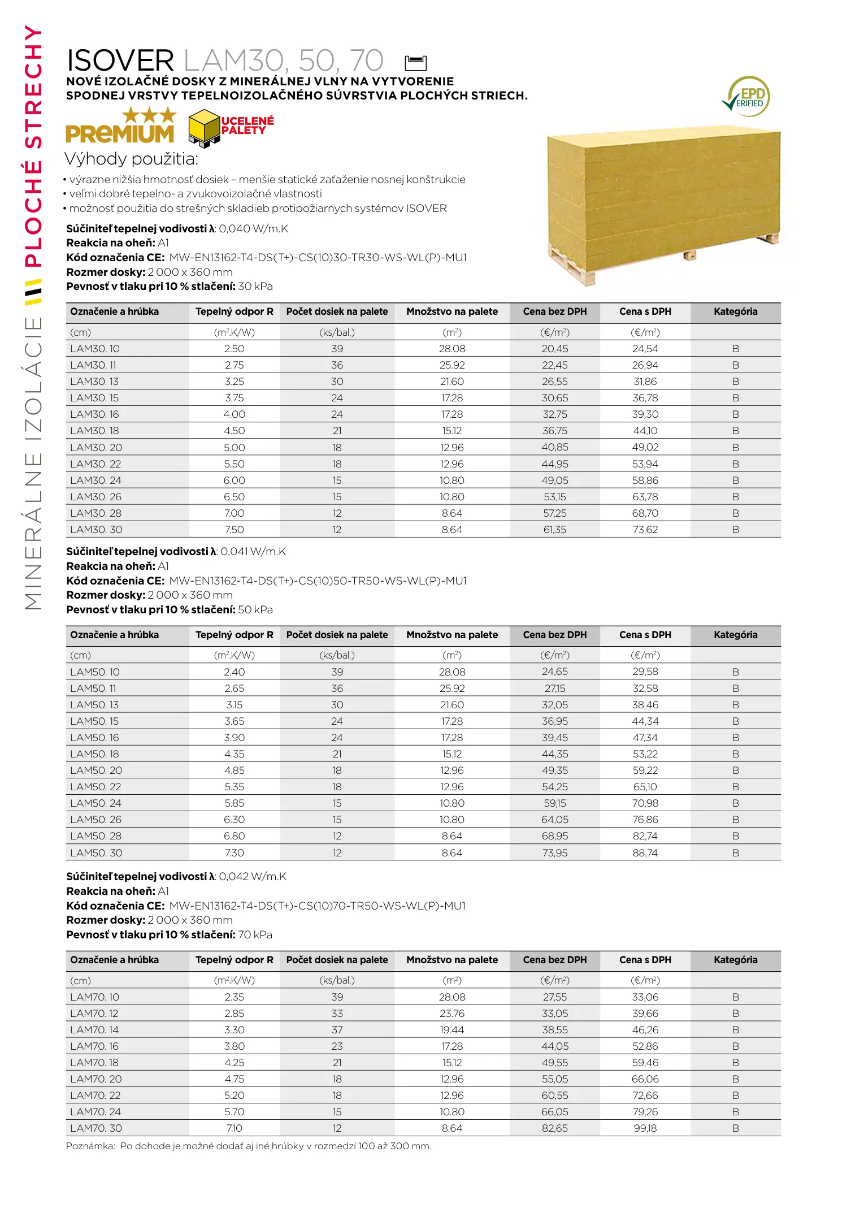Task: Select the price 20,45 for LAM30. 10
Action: pyautogui.click(x=554, y=349)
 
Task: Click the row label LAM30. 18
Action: pyautogui.click(x=94, y=431)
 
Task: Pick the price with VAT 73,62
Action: pyautogui.click(x=645, y=530)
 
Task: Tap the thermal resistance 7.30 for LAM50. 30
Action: pyautogui.click(x=234, y=853)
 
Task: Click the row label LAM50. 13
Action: pyautogui.click(x=94, y=705)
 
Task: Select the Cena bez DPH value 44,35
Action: pyautogui.click(x=554, y=754)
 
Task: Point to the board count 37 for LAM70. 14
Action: pyautogui.click(x=337, y=1030)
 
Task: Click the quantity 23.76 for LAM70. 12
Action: pyautogui.click(x=451, y=1014)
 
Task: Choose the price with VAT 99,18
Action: pyautogui.click(x=645, y=1128)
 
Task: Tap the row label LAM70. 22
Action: pyautogui.click(x=95, y=1096)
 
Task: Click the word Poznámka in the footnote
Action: pyautogui.click(x=90, y=1146)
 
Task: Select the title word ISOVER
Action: pyautogui.click(x=120, y=60)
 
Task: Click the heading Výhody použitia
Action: pyautogui.click(x=131, y=159)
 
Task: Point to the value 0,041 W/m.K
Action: pyautogui.click(x=253, y=552)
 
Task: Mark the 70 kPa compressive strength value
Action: pyautogui.click(x=255, y=935)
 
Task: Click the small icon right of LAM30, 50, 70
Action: pyautogui.click(x=416, y=62)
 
